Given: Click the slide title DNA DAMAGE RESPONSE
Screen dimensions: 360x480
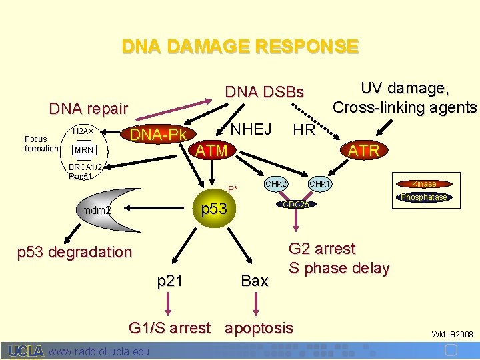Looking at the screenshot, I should [240, 47].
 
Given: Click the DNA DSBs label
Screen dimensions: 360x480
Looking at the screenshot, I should [264, 92].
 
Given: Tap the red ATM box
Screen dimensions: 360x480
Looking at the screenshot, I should [211, 151].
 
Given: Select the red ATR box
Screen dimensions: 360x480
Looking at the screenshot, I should [364, 151].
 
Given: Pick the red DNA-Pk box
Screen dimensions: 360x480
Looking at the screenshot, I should [157, 135].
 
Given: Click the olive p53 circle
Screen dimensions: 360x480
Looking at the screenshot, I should [214, 209].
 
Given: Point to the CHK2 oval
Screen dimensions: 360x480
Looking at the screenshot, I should [276, 183].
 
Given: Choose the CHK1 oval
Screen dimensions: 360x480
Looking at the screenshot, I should [320, 183].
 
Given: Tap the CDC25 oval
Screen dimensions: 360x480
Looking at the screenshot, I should [296, 204].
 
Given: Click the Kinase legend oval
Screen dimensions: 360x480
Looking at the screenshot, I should [424, 183].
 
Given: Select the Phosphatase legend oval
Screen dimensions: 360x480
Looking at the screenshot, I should [424, 197].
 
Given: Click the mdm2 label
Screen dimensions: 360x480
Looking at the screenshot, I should [96, 211].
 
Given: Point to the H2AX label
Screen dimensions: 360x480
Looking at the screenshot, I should [83, 131].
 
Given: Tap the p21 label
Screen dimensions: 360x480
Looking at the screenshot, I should [169, 281].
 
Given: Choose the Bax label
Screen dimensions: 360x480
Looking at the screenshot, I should [254, 281].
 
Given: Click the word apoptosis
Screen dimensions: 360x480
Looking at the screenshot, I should [259, 327].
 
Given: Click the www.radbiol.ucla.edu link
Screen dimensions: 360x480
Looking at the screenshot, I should [99, 351].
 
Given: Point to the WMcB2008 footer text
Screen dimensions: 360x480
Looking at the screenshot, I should [453, 333].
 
